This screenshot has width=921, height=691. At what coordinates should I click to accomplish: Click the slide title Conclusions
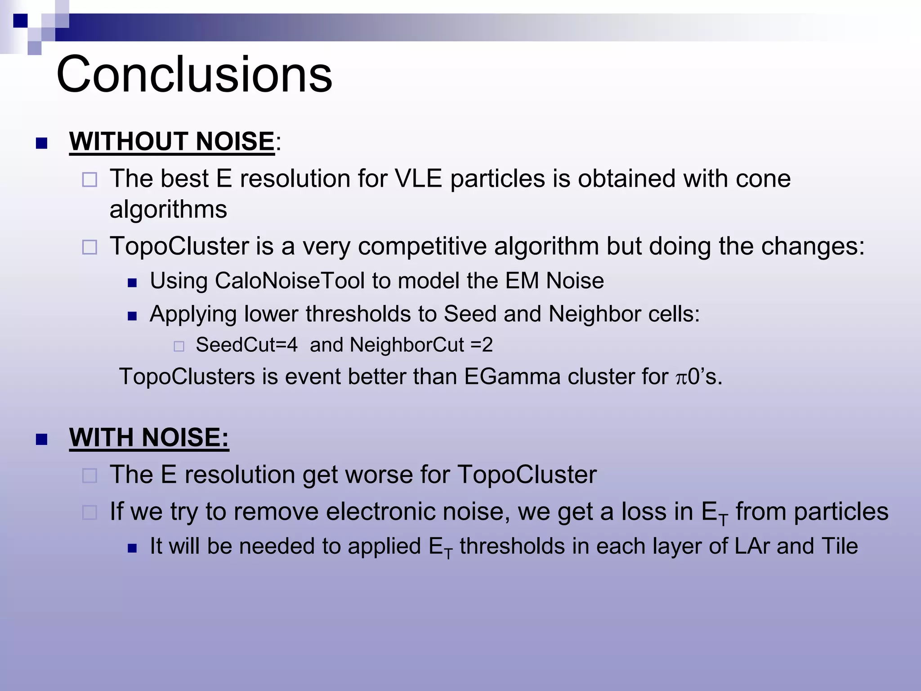(194, 74)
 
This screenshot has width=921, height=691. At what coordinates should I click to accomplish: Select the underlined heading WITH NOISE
(148, 437)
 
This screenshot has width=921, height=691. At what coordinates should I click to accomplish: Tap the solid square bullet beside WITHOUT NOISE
(42, 143)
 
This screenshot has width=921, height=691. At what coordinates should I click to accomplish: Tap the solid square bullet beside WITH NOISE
(42, 439)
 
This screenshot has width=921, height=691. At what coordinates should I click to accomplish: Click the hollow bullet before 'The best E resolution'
(89, 180)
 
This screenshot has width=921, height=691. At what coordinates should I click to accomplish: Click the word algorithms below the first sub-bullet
(168, 210)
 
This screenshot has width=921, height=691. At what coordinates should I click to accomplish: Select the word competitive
(422, 247)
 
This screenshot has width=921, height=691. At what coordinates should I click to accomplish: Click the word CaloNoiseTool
(290, 281)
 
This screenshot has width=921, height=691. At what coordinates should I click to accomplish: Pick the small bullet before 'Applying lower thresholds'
(132, 316)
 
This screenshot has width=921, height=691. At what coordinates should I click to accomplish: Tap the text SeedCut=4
(246, 345)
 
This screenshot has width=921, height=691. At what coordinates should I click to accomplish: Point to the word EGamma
(512, 377)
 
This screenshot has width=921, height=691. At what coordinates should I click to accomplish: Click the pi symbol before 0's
(681, 377)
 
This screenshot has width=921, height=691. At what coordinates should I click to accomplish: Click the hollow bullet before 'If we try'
(89, 513)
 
